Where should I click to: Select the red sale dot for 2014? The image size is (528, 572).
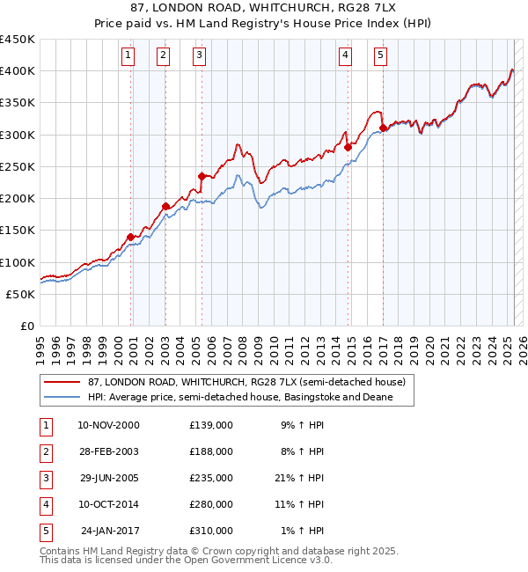348,147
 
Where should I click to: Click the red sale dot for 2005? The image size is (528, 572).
202,176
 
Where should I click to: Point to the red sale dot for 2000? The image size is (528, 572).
131,237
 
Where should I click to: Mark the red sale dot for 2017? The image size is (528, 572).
384,128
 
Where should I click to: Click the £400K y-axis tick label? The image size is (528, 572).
18,71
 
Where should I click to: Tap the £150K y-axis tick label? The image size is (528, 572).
18,231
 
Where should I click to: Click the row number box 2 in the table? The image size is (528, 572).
45,451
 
